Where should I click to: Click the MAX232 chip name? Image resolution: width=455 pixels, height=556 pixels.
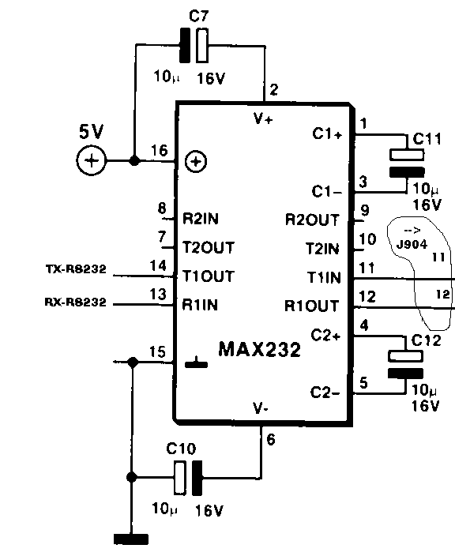pos(260,349)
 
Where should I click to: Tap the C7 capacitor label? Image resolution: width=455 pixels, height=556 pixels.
pos(199,16)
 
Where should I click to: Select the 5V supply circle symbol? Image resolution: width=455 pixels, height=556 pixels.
pos(91,160)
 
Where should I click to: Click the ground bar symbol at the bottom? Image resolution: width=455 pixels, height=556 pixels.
pos(131,539)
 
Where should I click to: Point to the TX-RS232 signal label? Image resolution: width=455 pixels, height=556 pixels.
pos(76,269)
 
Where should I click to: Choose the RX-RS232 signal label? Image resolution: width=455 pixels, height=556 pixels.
pos(76,302)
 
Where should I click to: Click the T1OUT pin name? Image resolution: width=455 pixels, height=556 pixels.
pos(209,276)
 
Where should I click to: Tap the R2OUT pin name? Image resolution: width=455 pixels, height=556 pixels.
pos(312,220)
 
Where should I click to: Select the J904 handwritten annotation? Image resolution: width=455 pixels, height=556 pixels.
pos(412,244)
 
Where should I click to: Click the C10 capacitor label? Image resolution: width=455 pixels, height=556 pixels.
pos(181,449)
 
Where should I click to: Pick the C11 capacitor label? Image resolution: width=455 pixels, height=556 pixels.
pos(427,139)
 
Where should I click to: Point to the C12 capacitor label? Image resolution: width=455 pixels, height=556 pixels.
pos(427,340)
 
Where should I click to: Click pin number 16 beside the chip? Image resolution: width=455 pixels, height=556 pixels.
pos(160,150)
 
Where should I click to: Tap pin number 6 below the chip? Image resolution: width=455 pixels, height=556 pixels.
pos(271,440)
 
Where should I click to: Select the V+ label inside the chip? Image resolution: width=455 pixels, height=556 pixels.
pos(263,118)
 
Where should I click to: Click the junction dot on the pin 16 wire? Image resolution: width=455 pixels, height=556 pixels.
pos(134,160)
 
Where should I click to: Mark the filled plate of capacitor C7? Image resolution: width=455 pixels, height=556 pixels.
pos(184,46)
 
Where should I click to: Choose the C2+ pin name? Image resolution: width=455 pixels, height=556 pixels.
pos(325,335)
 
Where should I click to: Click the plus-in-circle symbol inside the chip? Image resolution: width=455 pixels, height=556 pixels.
pos(196,162)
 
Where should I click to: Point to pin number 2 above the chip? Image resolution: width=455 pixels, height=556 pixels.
pos(273,90)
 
